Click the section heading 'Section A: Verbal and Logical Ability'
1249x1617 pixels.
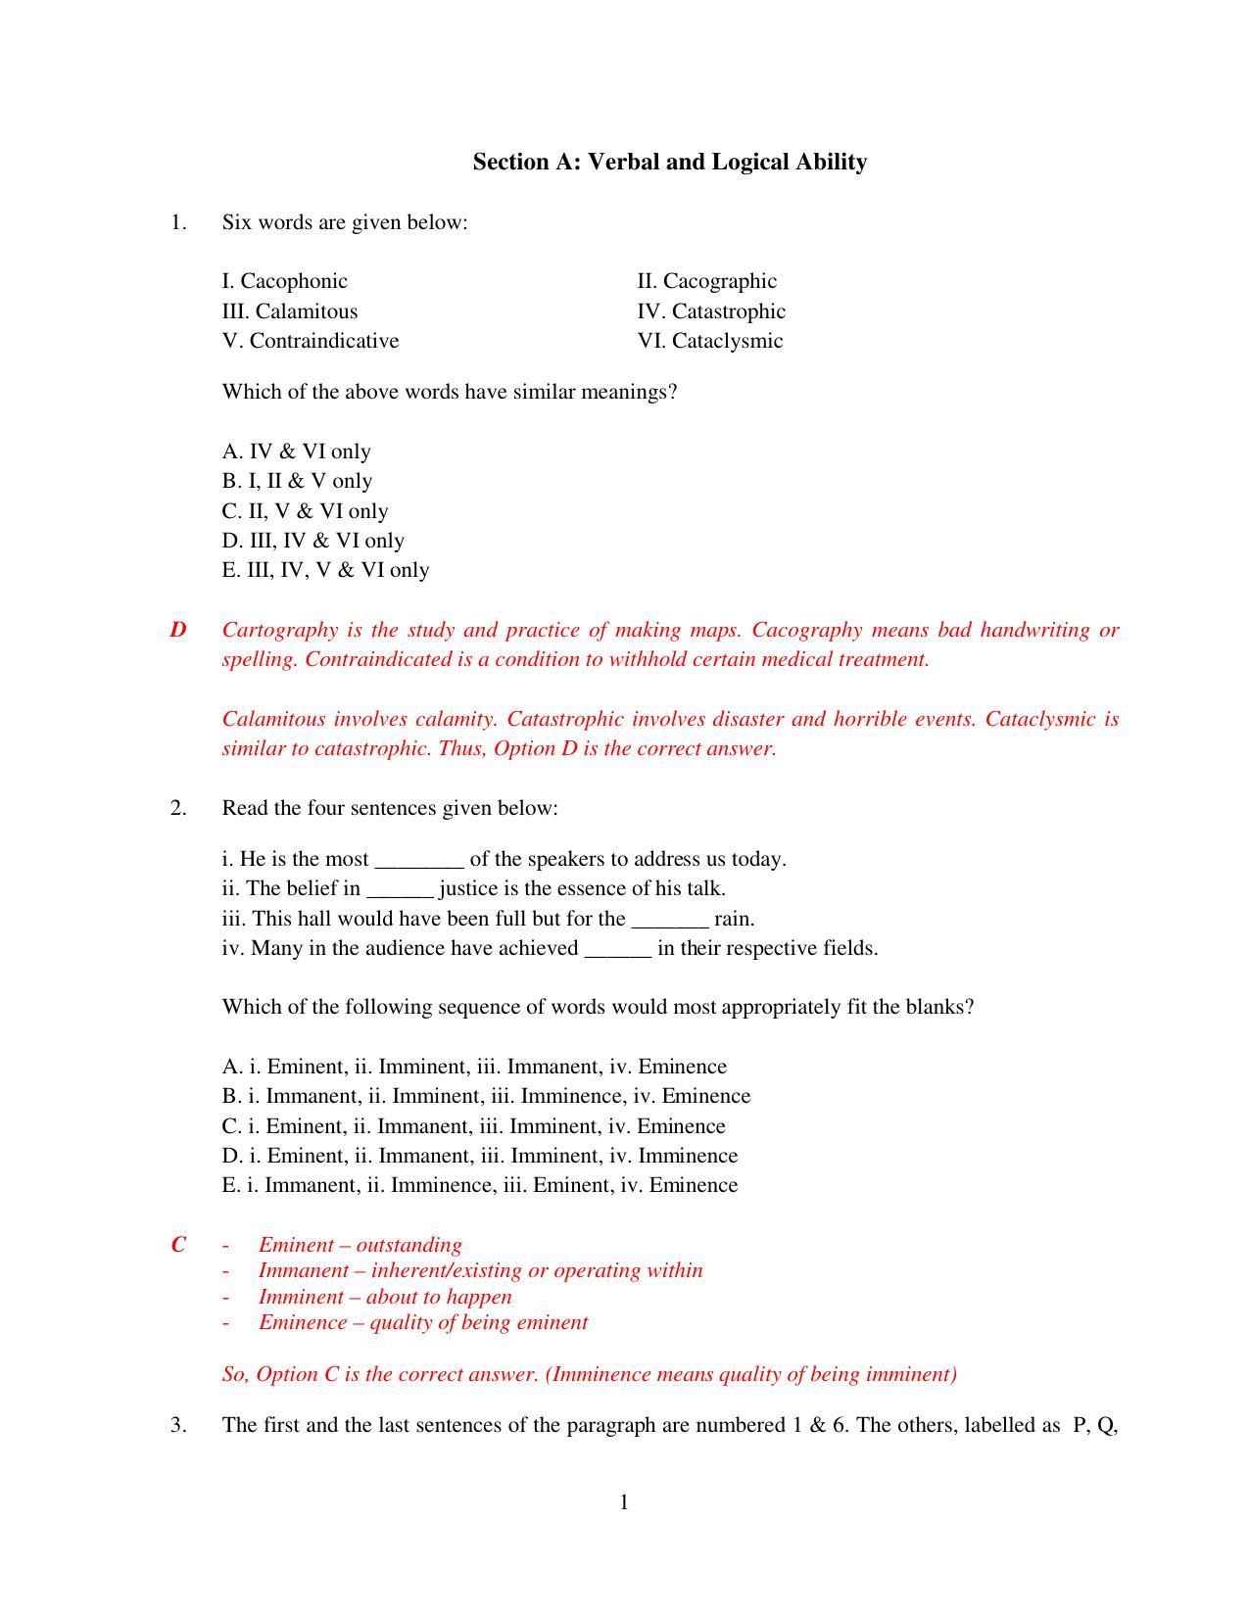(x=669, y=162)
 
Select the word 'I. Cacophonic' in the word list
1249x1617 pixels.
(x=284, y=281)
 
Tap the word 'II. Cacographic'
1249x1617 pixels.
(x=706, y=281)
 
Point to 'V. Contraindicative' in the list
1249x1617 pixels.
(x=311, y=341)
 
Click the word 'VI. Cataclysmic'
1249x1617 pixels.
(x=710, y=341)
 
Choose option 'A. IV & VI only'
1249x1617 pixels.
(x=296, y=452)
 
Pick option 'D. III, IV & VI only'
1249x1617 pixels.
(x=312, y=541)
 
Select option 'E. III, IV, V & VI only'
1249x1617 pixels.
(x=325, y=570)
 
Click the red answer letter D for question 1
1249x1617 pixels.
(x=177, y=630)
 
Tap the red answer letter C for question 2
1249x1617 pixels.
(x=177, y=1245)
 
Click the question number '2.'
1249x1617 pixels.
(x=177, y=808)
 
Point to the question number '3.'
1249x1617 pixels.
(x=177, y=1425)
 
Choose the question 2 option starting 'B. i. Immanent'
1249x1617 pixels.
(x=486, y=1096)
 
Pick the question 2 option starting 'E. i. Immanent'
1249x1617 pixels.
(x=480, y=1185)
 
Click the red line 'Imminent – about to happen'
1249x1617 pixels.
(x=385, y=1297)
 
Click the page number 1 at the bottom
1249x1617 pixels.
(x=624, y=1502)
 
